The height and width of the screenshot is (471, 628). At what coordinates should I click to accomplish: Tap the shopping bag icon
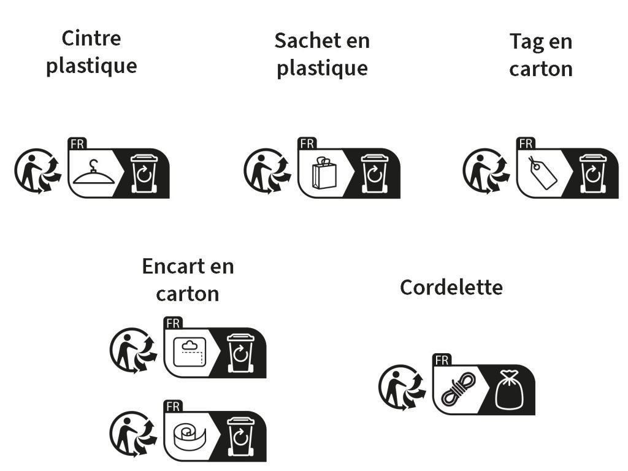pos(324,173)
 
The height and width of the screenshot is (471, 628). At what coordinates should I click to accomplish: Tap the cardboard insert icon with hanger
pos(190,351)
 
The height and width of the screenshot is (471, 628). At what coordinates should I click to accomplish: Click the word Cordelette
pos(451,288)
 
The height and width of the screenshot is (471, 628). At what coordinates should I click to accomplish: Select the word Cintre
pos(91,39)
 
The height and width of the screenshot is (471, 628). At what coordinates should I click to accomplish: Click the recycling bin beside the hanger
pos(144,174)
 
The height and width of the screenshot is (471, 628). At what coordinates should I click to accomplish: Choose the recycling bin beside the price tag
pos(593,174)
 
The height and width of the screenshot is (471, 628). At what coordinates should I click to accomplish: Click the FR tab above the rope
pos(442,360)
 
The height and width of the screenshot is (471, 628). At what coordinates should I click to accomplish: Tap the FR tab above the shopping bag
pos(308,144)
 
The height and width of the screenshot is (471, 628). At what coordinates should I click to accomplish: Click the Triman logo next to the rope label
pos(402,387)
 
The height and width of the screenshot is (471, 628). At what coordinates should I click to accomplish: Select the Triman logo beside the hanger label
pos(38,171)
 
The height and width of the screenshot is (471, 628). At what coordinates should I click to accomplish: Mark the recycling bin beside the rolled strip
pos(240,437)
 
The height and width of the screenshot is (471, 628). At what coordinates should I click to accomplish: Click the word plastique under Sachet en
pos(323,69)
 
